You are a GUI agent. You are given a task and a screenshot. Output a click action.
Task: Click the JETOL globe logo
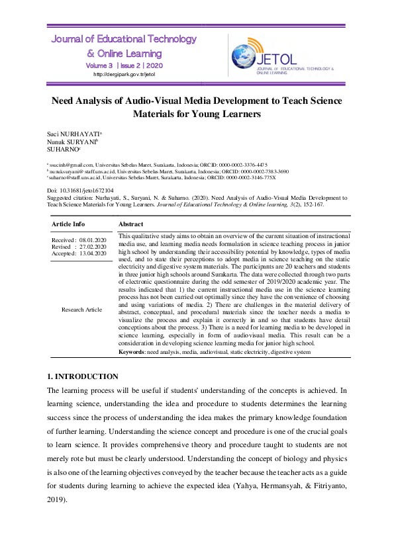[x=246, y=53]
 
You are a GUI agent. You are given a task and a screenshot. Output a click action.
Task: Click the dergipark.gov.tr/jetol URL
[x=124, y=74]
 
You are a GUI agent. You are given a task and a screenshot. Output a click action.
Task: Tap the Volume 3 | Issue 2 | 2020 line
[x=124, y=65]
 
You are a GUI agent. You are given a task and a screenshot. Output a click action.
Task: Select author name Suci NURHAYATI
[x=73, y=134]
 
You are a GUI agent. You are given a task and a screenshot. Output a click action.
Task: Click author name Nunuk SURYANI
[x=72, y=142]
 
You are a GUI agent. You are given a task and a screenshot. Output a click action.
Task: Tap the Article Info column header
[x=68, y=224]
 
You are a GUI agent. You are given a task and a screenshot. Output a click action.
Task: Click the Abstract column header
[x=131, y=224]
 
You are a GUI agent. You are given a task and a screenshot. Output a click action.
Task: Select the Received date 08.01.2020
[x=93, y=239]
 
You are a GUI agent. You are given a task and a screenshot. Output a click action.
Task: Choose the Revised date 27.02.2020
[x=93, y=246]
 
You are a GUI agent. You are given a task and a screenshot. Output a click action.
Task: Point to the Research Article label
[x=81, y=309]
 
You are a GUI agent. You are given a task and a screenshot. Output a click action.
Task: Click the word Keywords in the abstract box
[x=132, y=352]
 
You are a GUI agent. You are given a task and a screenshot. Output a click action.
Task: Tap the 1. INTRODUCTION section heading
[x=82, y=376]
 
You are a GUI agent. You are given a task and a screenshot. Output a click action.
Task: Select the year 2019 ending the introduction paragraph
[x=58, y=499]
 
